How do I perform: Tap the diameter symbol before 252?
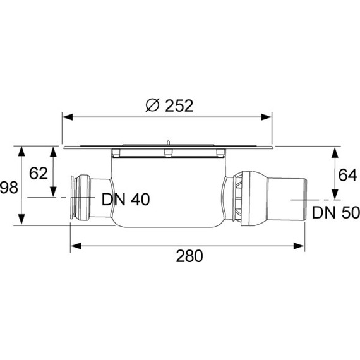click(152, 106)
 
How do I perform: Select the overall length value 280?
click(189, 256)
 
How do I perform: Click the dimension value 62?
click(39, 173)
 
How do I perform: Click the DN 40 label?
click(125, 200)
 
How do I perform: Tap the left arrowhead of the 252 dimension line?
click(66, 117)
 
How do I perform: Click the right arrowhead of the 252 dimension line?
click(269, 117)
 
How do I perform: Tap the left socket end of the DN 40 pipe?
click(75, 198)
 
